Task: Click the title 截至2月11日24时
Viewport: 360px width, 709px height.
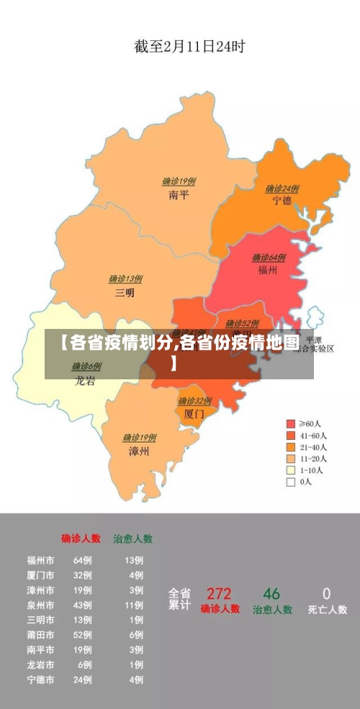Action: click(x=189, y=47)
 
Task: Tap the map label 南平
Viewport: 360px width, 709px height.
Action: click(x=178, y=194)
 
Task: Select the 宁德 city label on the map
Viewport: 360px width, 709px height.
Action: click(x=282, y=201)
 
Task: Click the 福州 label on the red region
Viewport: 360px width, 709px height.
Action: click(x=268, y=270)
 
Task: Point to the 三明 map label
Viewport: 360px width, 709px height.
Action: click(x=125, y=292)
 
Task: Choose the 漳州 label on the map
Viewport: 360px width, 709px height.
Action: click(x=139, y=451)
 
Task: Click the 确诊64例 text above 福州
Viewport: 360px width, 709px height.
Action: click(x=269, y=258)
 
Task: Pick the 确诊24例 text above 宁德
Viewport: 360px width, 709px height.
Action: click(x=282, y=189)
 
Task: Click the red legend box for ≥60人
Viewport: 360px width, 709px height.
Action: click(x=291, y=423)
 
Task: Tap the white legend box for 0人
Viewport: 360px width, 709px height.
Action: click(x=291, y=482)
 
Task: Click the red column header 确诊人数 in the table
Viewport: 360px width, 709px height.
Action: click(x=81, y=538)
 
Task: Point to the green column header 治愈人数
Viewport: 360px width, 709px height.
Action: click(x=132, y=538)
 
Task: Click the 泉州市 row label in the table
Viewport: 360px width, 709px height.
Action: click(x=40, y=605)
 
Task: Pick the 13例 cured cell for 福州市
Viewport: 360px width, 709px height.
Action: click(x=134, y=560)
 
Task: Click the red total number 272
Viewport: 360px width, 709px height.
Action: click(x=219, y=594)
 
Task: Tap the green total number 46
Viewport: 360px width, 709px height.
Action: click(x=271, y=594)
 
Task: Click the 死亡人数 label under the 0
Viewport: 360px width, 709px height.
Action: click(x=327, y=610)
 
